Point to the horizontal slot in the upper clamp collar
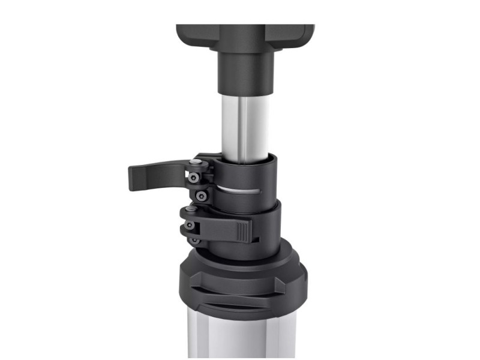[240, 190]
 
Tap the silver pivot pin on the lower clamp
[190, 209]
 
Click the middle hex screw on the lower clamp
[190, 226]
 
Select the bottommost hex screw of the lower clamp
[194, 241]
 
